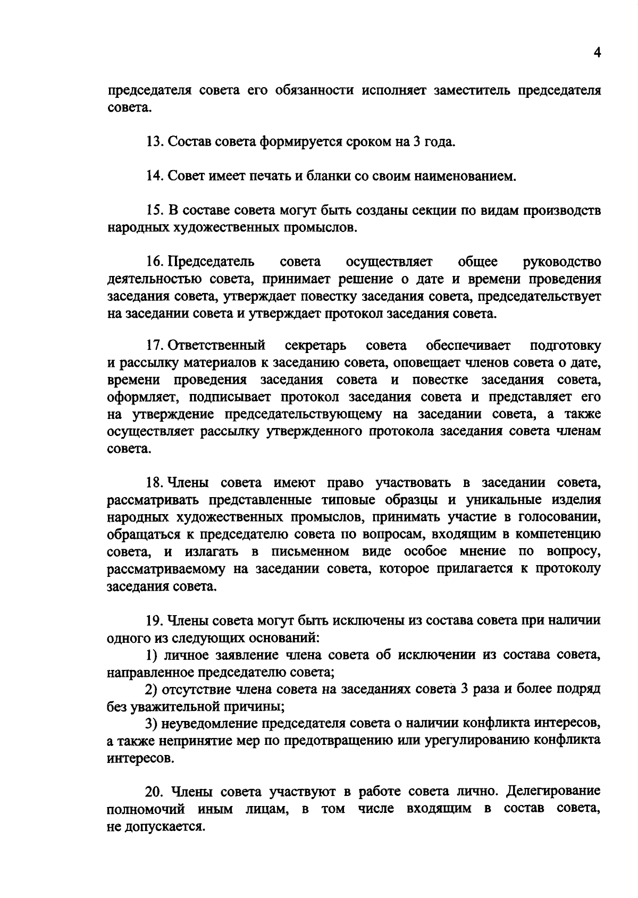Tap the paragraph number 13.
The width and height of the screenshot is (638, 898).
coord(154,142)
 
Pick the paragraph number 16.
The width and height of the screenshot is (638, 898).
coord(154,262)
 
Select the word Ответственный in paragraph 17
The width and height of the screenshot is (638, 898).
coord(217,346)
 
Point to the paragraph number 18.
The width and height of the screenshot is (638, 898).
coord(154,483)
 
